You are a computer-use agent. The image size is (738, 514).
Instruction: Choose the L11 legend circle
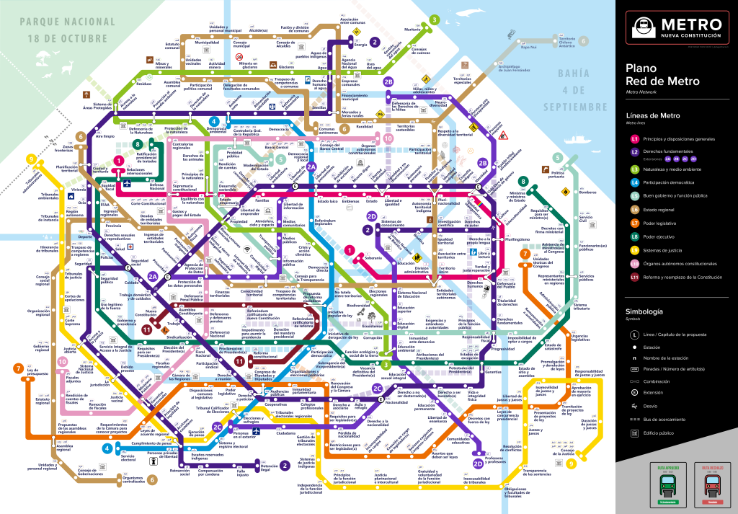click(x=635, y=277)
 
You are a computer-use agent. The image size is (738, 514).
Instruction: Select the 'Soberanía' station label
click(x=373, y=257)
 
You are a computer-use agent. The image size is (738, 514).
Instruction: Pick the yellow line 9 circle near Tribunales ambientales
click(x=31, y=159)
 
